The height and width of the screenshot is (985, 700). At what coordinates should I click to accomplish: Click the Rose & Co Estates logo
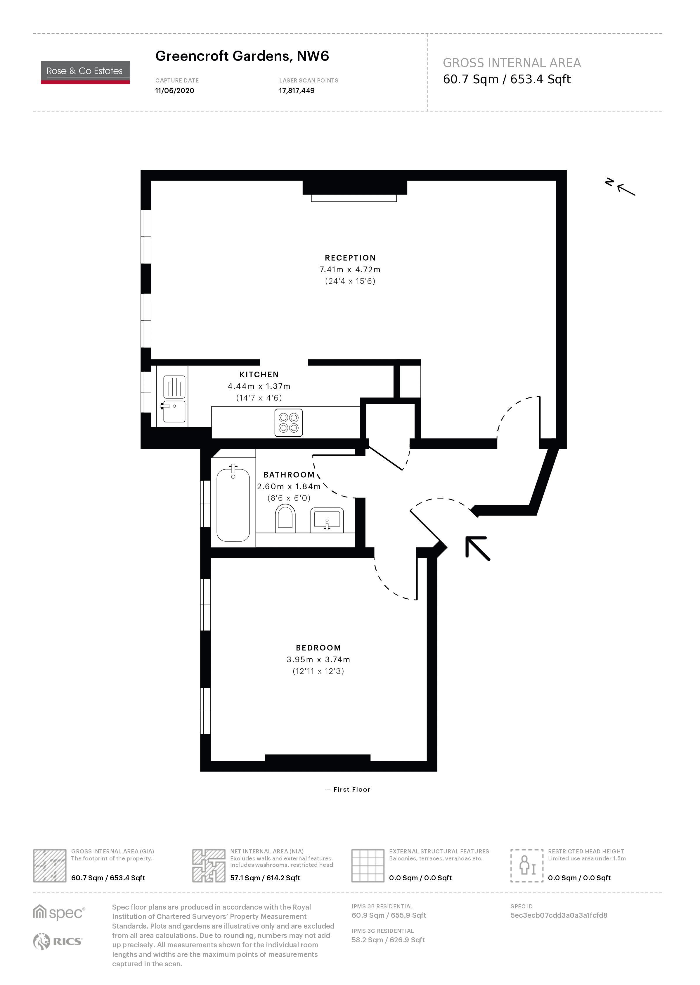pos(85,72)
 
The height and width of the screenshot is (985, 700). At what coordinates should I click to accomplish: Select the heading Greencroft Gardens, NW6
pos(242,56)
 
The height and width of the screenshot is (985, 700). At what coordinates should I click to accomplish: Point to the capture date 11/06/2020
pos(175,91)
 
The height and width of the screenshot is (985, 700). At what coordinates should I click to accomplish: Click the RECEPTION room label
pos(350,258)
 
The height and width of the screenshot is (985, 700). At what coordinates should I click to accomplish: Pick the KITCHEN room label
pos(259,375)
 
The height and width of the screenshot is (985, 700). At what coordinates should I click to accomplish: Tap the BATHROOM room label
pos(289,475)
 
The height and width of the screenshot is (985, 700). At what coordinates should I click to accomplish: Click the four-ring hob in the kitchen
pos(288,422)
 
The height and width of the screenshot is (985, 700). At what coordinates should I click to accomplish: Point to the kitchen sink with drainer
pos(174,399)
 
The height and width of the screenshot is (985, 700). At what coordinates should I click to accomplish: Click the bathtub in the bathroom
pos(233,503)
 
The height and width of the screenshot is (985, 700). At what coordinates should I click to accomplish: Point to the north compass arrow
pos(626,190)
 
